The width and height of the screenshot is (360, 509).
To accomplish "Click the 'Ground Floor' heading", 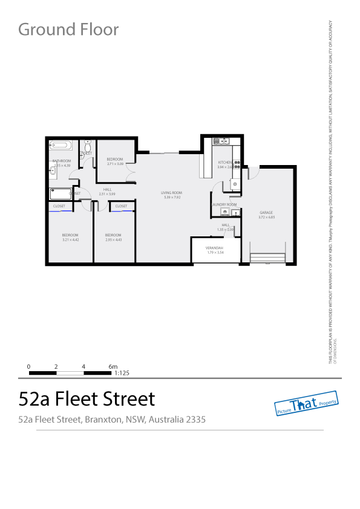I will pyautogui.click(x=68, y=29).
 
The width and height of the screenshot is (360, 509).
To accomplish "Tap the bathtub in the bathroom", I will pyautogui.click(x=61, y=145).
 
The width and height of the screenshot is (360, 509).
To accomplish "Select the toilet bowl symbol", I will pyautogui.click(x=88, y=146).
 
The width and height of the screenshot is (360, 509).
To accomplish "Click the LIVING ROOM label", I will pyautogui.click(x=171, y=193).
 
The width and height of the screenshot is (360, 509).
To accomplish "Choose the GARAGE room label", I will pyautogui.click(x=266, y=213).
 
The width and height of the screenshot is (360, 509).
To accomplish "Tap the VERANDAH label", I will pyautogui.click(x=215, y=248).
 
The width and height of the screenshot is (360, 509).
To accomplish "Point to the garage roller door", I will pyautogui.click(x=267, y=259).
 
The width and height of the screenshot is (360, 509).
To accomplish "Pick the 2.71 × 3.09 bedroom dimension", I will pyautogui.click(x=115, y=164).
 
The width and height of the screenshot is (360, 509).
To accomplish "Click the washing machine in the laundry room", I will pyautogui.click(x=224, y=212).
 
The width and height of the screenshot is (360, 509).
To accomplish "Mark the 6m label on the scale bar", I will pyautogui.click(x=113, y=367).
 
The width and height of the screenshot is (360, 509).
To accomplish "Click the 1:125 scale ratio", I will pyautogui.click(x=122, y=373).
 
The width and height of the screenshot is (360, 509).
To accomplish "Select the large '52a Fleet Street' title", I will pyautogui.click(x=87, y=399).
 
